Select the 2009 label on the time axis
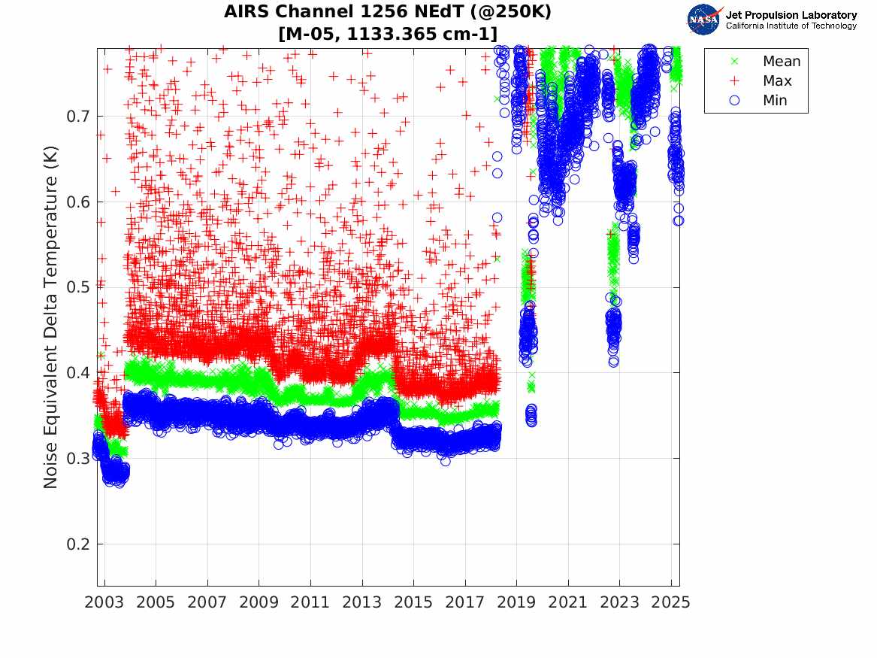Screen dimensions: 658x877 259,602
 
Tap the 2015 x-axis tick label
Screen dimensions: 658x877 413,602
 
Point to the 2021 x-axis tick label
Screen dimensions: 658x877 568,602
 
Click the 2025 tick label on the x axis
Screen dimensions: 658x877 671,602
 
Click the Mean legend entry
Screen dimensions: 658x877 782,62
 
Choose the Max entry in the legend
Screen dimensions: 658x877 777,81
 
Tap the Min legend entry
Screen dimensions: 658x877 775,101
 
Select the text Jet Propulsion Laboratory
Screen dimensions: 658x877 791,15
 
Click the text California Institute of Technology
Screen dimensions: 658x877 791,26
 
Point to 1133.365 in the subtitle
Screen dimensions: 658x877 404,34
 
